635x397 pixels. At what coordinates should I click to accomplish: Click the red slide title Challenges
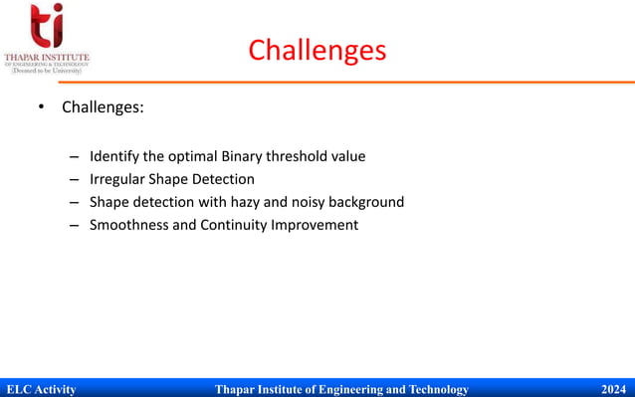point(317,50)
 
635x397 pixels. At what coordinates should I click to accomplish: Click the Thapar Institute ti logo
point(46,27)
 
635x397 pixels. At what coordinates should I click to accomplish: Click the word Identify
point(115,156)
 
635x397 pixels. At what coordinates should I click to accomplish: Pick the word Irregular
point(118,179)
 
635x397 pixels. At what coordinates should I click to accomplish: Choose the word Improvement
point(320,225)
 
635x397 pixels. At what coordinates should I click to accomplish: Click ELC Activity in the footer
point(41,389)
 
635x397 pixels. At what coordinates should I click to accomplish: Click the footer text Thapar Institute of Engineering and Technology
point(341,389)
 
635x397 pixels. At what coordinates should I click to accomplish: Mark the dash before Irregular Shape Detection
point(75,180)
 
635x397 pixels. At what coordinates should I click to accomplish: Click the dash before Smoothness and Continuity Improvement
point(75,226)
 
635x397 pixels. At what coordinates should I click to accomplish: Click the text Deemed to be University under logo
point(46,71)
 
